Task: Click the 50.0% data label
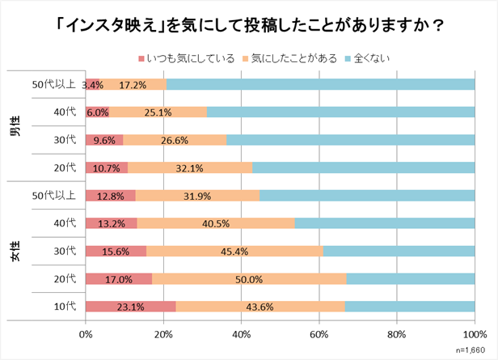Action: tap(249, 279)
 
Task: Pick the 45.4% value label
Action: tap(235, 251)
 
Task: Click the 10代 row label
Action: tap(65, 307)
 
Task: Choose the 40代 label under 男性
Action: tap(65, 112)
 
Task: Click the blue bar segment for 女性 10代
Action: tap(410, 307)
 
